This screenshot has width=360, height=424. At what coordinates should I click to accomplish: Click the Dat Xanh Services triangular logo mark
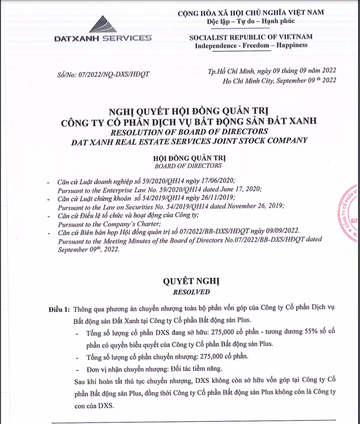(102, 24)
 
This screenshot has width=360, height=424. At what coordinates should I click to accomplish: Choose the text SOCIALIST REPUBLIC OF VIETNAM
(250, 37)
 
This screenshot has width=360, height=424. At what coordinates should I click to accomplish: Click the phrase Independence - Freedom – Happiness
(251, 46)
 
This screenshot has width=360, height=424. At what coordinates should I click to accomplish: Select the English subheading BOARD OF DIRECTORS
(188, 166)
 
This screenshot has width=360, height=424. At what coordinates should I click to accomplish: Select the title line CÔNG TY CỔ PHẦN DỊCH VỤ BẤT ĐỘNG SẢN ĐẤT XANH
(188, 122)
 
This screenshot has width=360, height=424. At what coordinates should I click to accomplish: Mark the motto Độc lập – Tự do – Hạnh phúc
(251, 21)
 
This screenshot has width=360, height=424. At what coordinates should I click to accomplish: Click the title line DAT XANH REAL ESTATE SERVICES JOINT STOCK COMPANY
(188, 141)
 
